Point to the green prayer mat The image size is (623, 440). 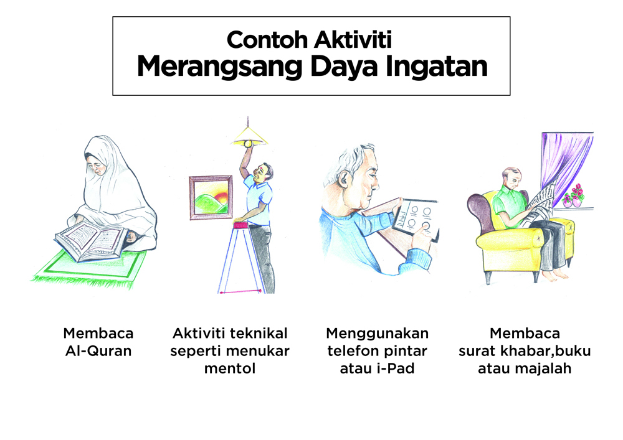pyautogui.click(x=89, y=270)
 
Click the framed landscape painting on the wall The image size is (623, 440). pyautogui.click(x=211, y=197)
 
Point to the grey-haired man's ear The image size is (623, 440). pyautogui.click(x=343, y=180)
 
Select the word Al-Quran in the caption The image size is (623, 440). pyautogui.click(x=98, y=351)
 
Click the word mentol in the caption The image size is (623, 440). pyautogui.click(x=230, y=368)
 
